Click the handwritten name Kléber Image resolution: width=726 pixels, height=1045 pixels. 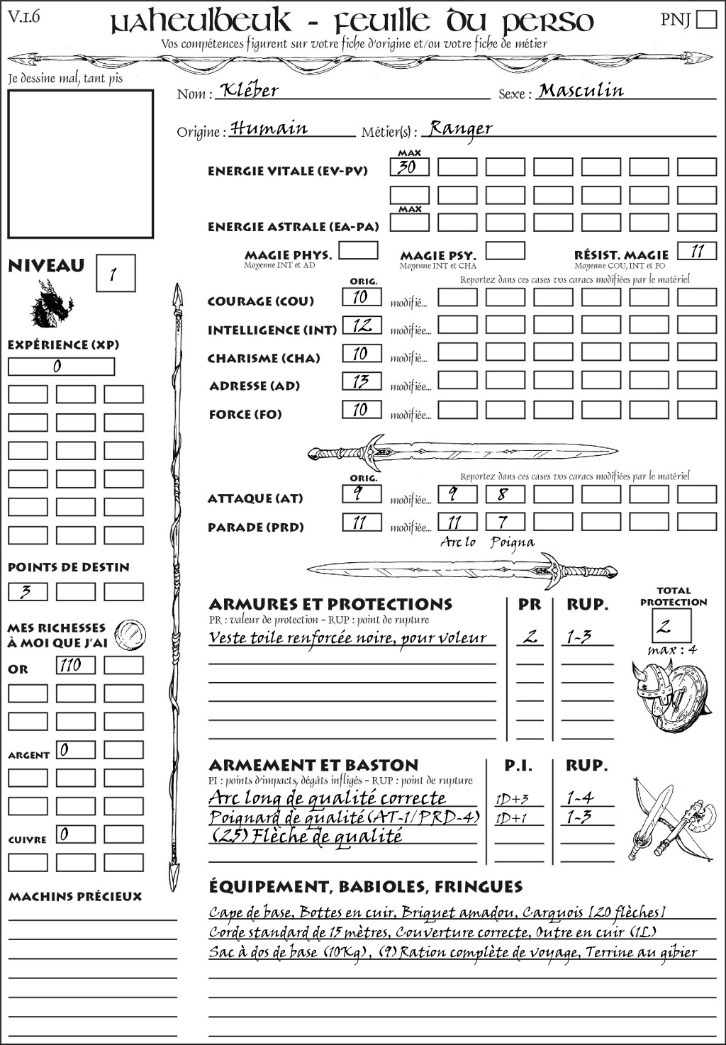[249, 90]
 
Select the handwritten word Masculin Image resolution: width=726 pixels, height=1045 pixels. [581, 91]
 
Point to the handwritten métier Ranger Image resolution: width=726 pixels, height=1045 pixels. [461, 128]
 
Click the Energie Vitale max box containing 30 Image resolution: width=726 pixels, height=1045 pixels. [409, 167]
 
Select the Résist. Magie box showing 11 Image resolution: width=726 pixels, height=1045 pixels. [697, 251]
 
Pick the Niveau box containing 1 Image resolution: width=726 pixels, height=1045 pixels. [115, 274]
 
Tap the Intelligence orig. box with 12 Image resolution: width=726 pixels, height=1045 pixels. [362, 325]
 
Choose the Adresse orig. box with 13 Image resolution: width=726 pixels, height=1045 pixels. [362, 381]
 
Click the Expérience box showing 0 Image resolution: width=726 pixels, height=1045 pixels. [61, 367]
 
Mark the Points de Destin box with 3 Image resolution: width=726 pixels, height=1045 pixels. [28, 591]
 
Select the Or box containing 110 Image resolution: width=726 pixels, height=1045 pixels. [75, 665]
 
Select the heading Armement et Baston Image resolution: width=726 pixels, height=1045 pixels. [313, 765]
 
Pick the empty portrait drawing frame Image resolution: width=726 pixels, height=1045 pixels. [80, 164]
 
